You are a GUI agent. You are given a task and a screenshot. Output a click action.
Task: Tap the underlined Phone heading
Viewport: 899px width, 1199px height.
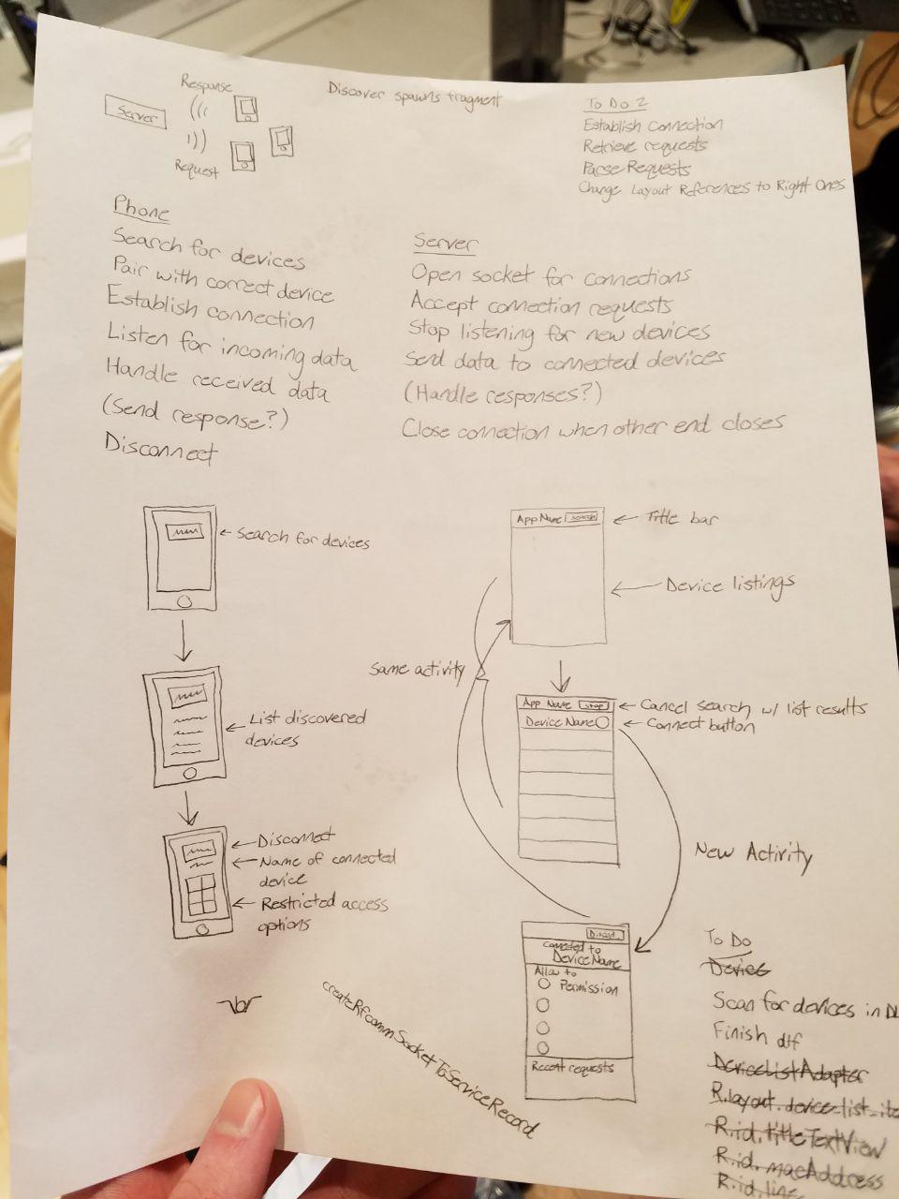point(141,208)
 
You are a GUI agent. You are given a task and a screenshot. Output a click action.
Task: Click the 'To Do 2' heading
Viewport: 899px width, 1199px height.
point(615,104)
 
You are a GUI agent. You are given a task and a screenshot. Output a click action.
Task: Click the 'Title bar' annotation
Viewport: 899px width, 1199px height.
point(682,517)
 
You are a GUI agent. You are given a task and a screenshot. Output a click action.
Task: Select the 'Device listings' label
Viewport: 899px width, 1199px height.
point(730,585)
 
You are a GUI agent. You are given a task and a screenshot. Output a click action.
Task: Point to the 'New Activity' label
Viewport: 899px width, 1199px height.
point(753,852)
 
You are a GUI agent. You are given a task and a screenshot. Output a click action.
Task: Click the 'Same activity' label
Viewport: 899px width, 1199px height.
point(417,669)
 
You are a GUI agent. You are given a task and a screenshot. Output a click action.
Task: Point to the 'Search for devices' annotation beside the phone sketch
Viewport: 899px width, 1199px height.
point(302,541)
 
